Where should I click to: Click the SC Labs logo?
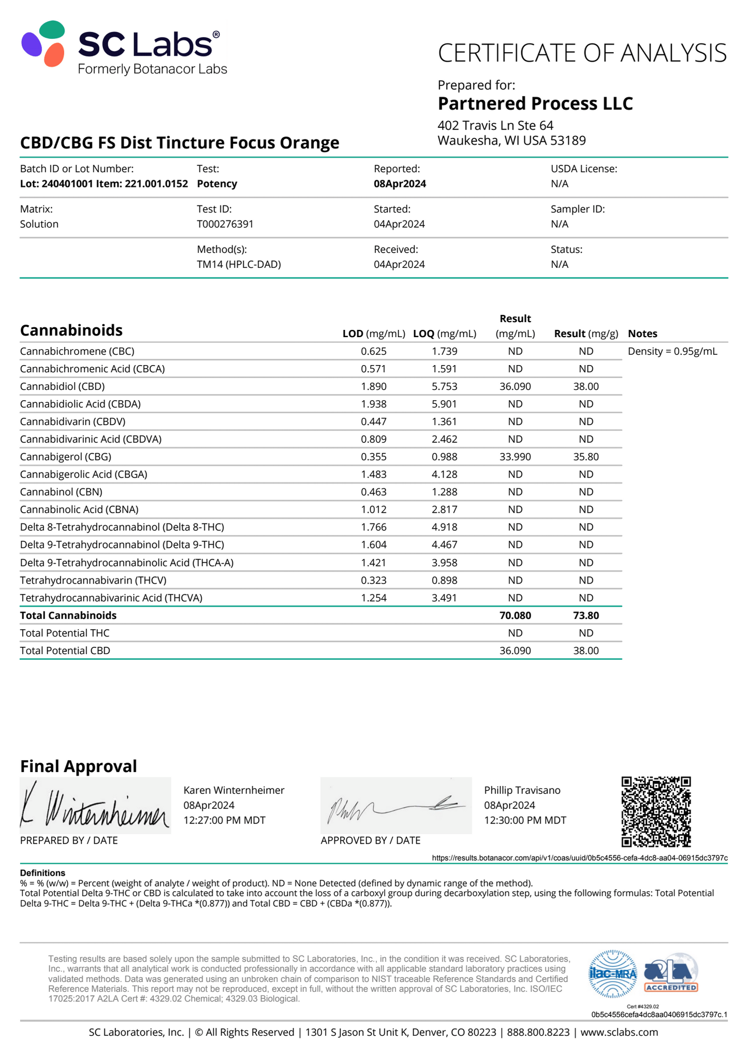tap(123, 48)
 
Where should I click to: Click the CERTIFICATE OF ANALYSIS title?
tap(582, 53)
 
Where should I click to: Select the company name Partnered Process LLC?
tap(535, 104)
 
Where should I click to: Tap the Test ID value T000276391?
tap(225, 224)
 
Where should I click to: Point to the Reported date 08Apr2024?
tap(400, 184)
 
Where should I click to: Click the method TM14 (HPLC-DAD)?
tap(239, 265)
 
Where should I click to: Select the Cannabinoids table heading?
tap(71, 330)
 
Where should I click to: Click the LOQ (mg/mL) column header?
tap(444, 334)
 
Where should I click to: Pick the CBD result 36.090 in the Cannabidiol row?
tap(515, 387)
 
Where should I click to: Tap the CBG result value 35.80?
tap(585, 457)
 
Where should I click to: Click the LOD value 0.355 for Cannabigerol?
tap(373, 457)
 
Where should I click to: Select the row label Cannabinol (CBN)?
tap(61, 492)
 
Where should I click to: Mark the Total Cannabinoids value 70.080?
tap(515, 616)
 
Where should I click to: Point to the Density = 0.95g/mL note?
tap(672, 352)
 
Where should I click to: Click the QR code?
tap(656, 811)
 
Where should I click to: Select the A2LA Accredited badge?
tap(670, 973)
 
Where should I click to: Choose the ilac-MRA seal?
tap(613, 974)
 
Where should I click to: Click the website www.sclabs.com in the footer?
tap(619, 1032)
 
